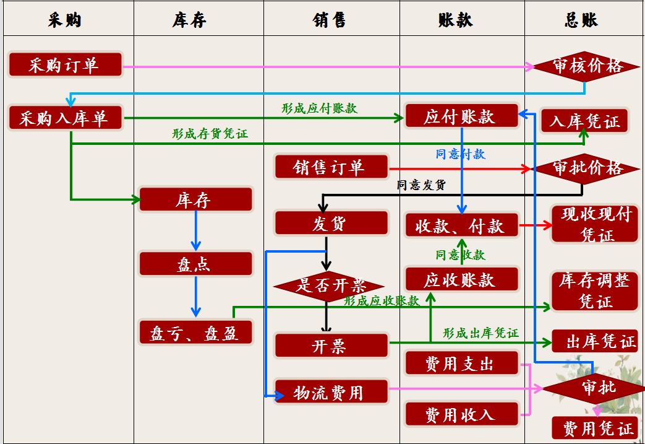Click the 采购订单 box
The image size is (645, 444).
pyautogui.click(x=66, y=65)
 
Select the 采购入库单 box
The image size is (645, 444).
pyautogui.click(x=66, y=118)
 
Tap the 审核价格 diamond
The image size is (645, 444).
pyautogui.click(x=586, y=66)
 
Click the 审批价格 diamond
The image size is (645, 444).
pyautogui.click(x=586, y=168)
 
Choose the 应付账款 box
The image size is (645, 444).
pyautogui.click(x=461, y=116)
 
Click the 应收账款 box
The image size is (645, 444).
pyautogui.click(x=461, y=279)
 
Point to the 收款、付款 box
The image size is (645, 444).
pyautogui.click(x=461, y=226)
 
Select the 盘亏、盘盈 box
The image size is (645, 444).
pyautogui.click(x=195, y=333)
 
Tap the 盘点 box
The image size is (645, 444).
pyautogui.click(x=195, y=264)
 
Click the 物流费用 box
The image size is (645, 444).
pyautogui.click(x=331, y=392)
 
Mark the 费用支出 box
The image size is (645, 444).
pyautogui.click(x=461, y=363)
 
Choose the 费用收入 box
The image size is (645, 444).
pyautogui.click(x=461, y=414)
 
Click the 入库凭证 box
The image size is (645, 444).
pyautogui.click(x=584, y=121)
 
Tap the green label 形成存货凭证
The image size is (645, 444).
pyautogui.click(x=210, y=133)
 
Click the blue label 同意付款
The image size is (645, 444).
pyautogui.click(x=460, y=154)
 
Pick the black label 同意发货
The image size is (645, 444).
pyautogui.click(x=421, y=185)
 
